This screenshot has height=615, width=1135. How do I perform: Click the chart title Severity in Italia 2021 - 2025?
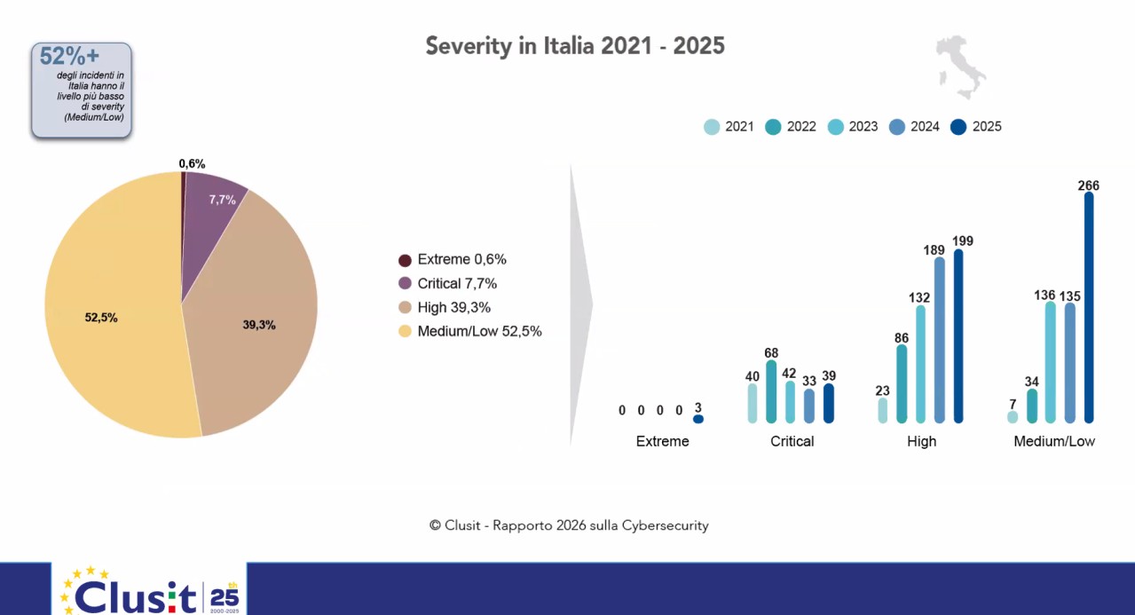(575, 46)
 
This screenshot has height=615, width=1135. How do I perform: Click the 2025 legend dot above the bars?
(958, 127)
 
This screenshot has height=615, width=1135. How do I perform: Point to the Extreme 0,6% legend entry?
(453, 260)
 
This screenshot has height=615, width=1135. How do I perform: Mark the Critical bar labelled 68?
(771, 391)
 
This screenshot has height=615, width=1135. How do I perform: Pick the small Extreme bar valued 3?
(698, 419)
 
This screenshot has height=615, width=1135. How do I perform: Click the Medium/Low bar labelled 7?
(1013, 417)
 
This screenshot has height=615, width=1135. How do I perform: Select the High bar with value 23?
(883, 410)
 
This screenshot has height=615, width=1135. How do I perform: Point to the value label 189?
(934, 250)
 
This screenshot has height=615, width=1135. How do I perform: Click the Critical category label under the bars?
(792, 441)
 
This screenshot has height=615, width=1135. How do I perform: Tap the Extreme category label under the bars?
(662, 441)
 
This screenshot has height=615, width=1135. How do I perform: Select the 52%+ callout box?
(82, 90)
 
